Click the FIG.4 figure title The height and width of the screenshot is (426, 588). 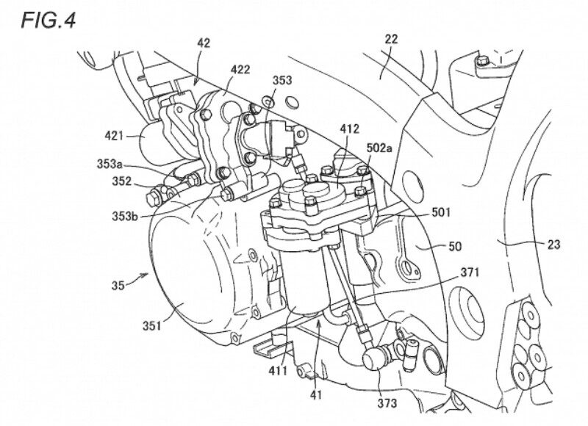(49, 21)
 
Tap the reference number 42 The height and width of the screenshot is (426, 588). (204, 43)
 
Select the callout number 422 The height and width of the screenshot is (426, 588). (240, 69)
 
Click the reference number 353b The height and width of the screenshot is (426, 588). (125, 216)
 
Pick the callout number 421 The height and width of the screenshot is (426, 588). (114, 135)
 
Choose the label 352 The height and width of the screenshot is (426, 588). (122, 181)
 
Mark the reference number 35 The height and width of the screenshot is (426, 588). (118, 286)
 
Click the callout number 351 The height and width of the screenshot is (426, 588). (151, 326)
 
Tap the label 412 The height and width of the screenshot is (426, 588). (350, 129)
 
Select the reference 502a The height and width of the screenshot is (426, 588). (379, 148)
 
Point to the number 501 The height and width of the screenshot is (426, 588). (441, 212)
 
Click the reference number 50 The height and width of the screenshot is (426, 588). (455, 246)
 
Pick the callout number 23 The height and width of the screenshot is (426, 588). (553, 245)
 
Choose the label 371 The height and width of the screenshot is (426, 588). (470, 272)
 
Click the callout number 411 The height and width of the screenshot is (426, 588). (278, 371)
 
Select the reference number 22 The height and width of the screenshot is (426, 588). (391, 39)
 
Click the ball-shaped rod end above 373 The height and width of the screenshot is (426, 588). (372, 360)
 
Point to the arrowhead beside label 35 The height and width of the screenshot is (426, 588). (146, 275)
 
